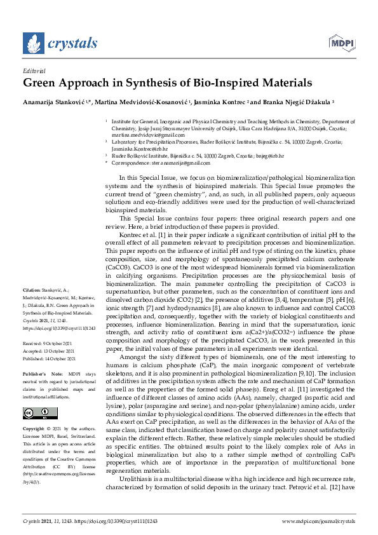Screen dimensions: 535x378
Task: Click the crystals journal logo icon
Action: [33, 43]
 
